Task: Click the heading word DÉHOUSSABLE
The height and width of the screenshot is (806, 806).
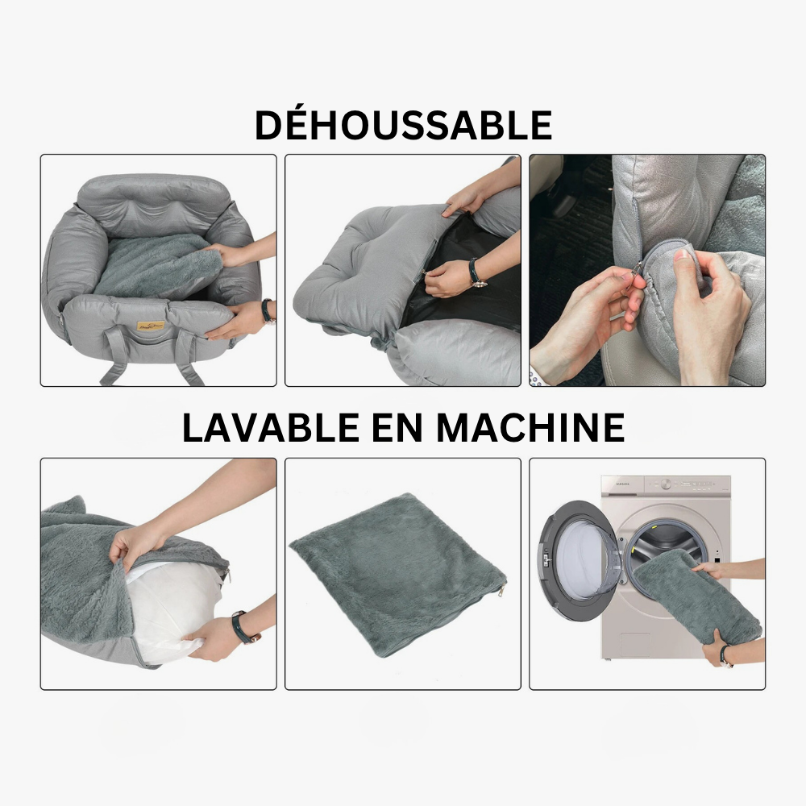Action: coord(403,126)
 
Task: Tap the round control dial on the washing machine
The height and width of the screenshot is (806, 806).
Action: coord(666,484)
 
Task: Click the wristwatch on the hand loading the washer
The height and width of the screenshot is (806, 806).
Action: coord(726,654)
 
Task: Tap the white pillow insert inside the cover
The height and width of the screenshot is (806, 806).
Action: coord(165,613)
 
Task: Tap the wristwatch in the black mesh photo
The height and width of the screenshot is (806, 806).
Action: coord(476,272)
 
